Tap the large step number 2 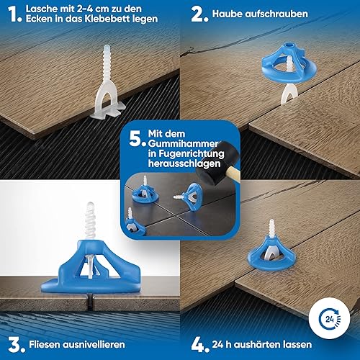199,14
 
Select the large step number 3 17,345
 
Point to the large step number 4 199,345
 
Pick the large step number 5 138,139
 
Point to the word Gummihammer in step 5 184,144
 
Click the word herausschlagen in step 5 184,163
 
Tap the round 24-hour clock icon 329,318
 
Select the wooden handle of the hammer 233,174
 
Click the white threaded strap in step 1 107,81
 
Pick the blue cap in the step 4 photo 271,254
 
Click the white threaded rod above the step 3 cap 91,221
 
